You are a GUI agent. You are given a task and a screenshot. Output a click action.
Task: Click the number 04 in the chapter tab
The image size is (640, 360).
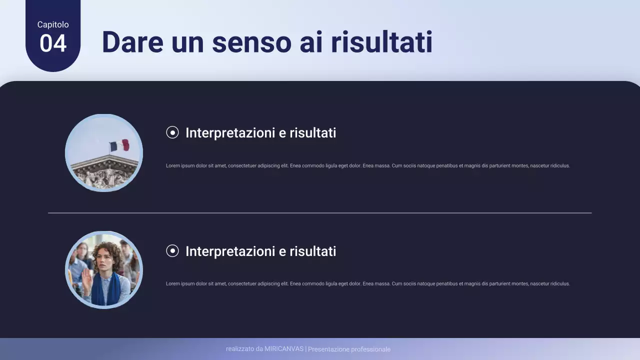53,43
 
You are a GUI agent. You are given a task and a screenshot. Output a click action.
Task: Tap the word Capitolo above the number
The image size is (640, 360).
53,24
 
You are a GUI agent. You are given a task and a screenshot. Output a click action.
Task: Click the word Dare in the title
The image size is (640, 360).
132,42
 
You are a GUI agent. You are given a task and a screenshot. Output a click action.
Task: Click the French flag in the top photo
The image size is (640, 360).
119,145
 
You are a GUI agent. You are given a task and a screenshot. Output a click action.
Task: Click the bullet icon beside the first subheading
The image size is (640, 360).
172,132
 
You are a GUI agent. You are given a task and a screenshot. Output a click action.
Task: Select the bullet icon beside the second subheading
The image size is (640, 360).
172,251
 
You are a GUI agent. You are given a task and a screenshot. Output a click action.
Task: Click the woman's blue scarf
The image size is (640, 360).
105,290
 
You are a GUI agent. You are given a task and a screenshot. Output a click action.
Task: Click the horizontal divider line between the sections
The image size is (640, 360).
320,213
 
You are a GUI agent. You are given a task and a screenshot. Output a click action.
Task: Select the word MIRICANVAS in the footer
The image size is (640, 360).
284,349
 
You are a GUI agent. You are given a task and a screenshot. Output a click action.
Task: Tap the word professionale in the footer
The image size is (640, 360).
370,349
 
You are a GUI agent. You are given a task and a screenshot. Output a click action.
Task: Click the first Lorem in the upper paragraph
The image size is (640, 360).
172,165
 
